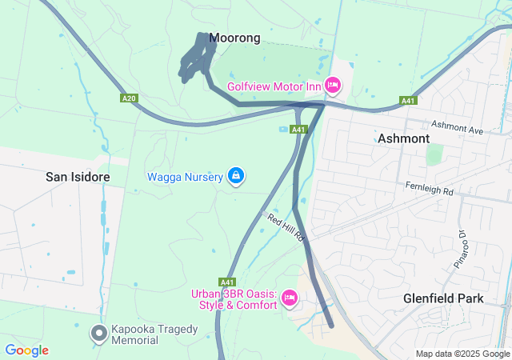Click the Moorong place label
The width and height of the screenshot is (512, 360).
234,38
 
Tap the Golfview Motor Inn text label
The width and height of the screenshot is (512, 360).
274,85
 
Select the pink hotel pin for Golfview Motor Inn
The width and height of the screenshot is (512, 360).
334,84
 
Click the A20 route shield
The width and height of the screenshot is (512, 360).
128,98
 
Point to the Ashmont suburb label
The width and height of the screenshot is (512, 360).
403,138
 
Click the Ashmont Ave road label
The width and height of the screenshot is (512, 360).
458,126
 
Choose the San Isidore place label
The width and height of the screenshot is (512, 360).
77,176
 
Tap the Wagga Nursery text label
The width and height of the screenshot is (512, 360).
185,177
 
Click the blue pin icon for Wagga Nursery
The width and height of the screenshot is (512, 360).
236,175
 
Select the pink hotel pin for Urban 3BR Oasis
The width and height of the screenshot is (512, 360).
290,298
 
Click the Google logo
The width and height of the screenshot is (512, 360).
26,350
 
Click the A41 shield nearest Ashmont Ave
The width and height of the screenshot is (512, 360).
408,101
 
